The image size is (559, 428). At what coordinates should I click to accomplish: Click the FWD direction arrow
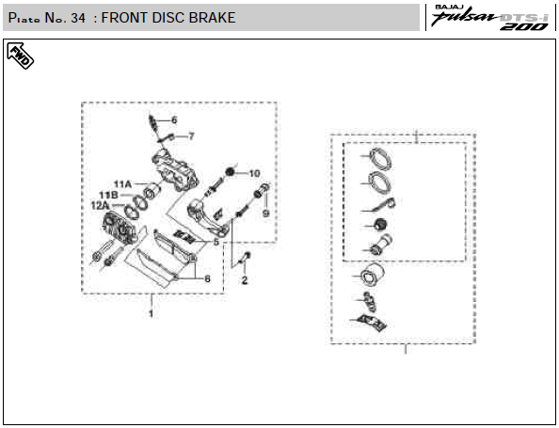(21, 55)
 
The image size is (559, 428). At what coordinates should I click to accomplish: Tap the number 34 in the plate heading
(78, 18)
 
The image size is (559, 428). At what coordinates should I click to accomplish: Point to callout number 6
(174, 120)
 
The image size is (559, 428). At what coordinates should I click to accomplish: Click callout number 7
(191, 136)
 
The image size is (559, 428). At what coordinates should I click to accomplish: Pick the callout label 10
(254, 174)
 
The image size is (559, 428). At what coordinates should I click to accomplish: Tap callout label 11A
(122, 184)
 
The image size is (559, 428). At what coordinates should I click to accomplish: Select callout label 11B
(108, 195)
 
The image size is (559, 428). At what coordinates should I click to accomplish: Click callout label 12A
(100, 206)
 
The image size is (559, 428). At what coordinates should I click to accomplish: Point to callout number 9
(266, 214)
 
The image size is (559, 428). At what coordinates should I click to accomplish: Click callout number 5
(216, 243)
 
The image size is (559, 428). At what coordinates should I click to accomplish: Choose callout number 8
(207, 278)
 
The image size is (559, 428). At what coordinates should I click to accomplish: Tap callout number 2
(244, 280)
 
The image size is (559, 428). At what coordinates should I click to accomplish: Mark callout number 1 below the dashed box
(152, 314)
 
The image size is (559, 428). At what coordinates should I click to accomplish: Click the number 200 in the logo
(524, 26)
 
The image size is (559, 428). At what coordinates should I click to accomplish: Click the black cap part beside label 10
(230, 173)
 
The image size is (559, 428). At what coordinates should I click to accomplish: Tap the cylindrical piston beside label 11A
(152, 191)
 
